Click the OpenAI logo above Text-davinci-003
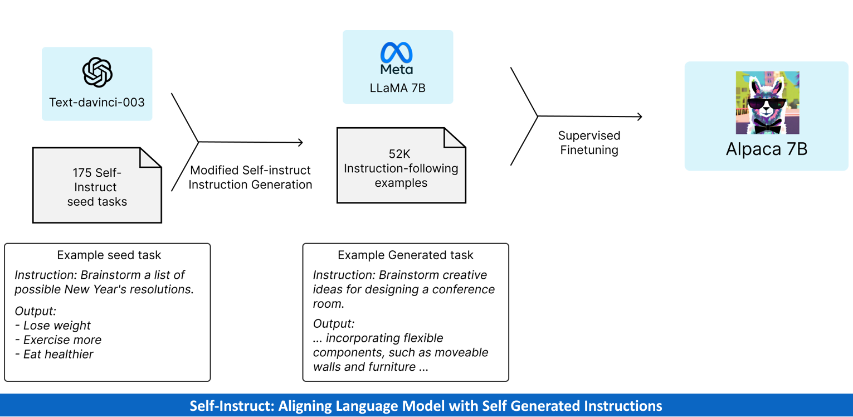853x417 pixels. click(98, 72)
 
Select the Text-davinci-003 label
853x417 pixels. click(97, 102)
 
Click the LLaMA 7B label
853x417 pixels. click(398, 88)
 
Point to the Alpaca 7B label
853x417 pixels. click(767, 149)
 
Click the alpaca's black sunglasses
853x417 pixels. click(767, 104)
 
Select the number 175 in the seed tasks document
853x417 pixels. click(82, 173)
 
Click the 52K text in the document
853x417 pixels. click(401, 154)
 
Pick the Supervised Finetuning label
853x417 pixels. click(589, 143)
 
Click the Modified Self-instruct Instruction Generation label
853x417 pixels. click(250, 177)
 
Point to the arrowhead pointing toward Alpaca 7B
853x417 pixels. click(640, 117)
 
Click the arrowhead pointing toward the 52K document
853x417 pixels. click(301, 142)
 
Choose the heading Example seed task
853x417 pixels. click(109, 255)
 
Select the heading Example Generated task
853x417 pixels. click(406, 255)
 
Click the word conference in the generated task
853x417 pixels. click(464, 289)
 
